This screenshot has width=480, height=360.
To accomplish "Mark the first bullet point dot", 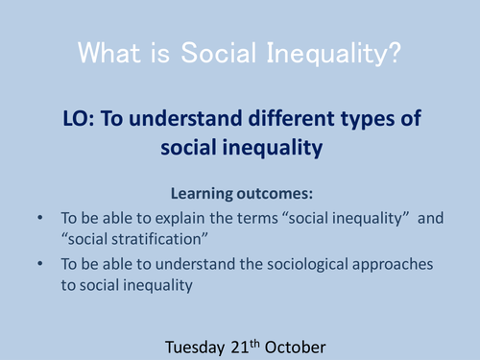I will [38, 218].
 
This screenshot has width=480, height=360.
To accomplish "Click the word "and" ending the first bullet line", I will [432, 218].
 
